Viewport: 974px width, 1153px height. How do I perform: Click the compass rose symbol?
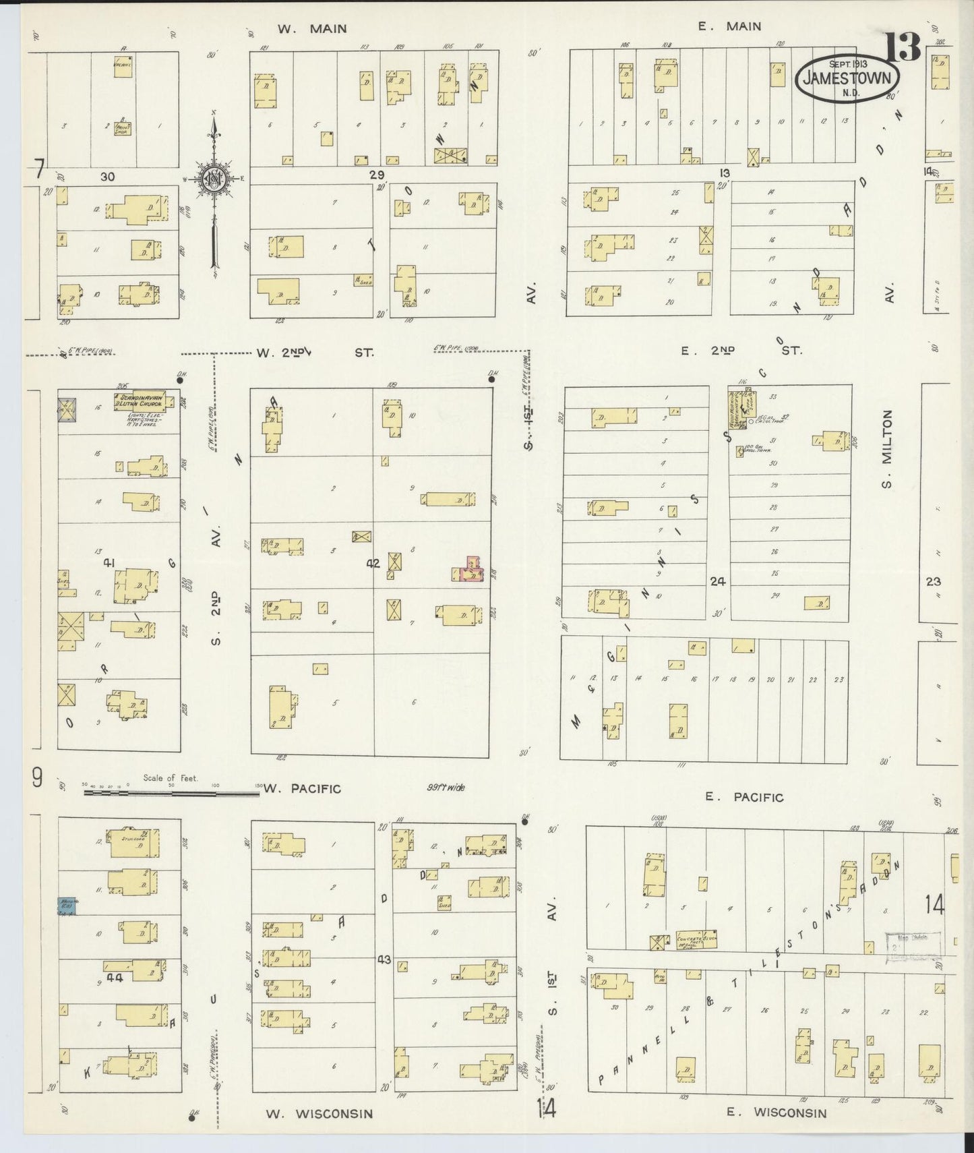coord(214,179)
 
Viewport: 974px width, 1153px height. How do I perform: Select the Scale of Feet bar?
coord(171,793)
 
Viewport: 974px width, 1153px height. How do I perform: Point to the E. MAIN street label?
coord(729,26)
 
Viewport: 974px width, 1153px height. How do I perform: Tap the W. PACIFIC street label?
coord(303,788)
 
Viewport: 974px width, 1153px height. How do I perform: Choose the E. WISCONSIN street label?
coord(776,1113)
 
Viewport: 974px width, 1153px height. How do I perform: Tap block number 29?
coord(376,174)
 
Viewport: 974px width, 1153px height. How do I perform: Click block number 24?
coord(717,581)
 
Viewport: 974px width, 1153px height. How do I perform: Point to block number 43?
coord(384,959)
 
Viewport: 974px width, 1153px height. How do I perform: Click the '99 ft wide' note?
coord(446,787)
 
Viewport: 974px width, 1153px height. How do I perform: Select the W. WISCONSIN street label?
coord(318,1113)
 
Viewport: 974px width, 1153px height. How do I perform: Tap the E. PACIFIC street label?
coord(743,797)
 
